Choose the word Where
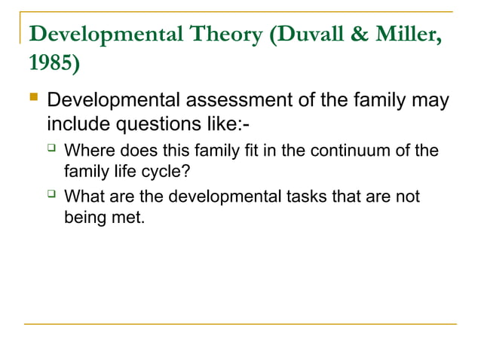[88, 151]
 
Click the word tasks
[309, 197]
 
